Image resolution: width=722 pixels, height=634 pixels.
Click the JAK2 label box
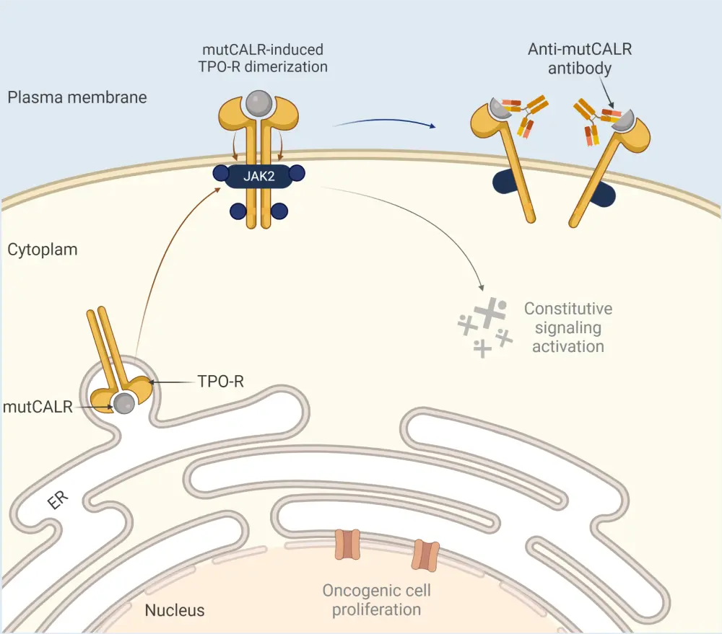click(x=258, y=177)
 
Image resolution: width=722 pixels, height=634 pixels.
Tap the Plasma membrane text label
click(x=77, y=97)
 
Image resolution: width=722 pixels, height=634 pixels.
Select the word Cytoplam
click(x=43, y=250)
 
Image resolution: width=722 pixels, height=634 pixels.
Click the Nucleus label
click(x=175, y=610)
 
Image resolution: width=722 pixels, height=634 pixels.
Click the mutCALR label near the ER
click(x=38, y=407)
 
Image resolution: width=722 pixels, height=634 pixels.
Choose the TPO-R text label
click(x=220, y=382)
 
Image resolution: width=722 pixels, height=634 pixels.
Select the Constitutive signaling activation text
click(x=567, y=327)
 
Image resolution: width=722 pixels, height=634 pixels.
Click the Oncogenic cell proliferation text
click(x=376, y=600)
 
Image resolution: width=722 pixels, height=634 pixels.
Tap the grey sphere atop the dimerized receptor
click(x=258, y=104)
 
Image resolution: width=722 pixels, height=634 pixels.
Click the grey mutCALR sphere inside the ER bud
click(x=125, y=404)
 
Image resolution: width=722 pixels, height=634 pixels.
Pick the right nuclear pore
click(x=425, y=555)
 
